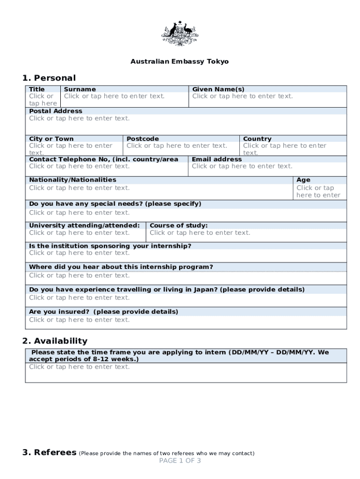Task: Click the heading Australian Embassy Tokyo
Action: [x=180, y=61]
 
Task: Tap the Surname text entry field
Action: [x=115, y=96]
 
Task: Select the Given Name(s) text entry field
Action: [x=243, y=96]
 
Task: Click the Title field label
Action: [x=37, y=89]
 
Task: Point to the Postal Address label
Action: [x=56, y=111]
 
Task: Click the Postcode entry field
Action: [x=177, y=146]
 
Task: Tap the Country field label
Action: [x=257, y=139]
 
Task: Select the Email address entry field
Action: [x=242, y=166]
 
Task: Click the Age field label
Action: [x=303, y=180]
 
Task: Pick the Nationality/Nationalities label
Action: [x=72, y=180]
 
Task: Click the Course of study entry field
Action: [x=200, y=232]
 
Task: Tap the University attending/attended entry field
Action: [x=79, y=232]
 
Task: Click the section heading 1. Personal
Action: [x=49, y=78]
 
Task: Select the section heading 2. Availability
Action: [x=55, y=341]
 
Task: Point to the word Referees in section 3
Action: [x=55, y=452]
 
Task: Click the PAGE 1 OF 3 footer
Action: [x=180, y=461]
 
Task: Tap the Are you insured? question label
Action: [x=103, y=312]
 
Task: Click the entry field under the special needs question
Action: [x=79, y=213]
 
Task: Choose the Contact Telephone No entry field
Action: [x=79, y=166]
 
